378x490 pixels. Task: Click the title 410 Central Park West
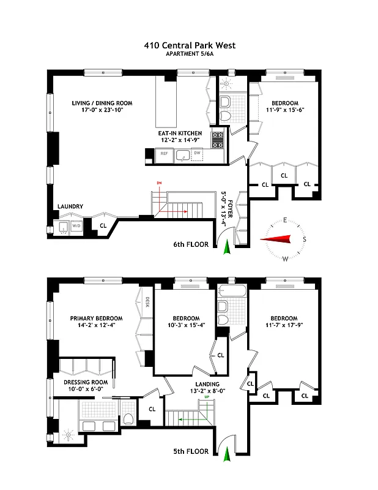(x=189, y=45)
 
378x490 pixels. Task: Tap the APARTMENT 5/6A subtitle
(x=189, y=54)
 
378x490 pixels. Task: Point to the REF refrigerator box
(x=165, y=154)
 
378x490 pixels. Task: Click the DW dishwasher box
(x=197, y=154)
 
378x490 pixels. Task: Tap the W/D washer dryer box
(x=76, y=226)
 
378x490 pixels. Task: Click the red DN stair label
(x=159, y=183)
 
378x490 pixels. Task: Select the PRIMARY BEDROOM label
(x=96, y=318)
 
